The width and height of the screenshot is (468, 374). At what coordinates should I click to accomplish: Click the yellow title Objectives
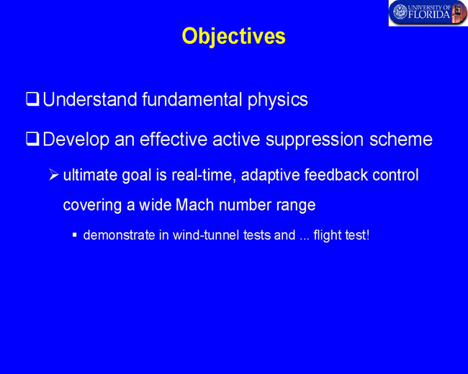234,37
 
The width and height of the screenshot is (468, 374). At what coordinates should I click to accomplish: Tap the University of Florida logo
428,13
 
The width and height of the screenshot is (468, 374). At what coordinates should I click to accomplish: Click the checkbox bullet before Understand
32,99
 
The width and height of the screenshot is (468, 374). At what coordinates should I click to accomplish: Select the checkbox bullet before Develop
32,139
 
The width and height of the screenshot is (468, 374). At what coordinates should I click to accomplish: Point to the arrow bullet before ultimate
54,175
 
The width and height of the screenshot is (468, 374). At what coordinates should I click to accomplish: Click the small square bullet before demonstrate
75,235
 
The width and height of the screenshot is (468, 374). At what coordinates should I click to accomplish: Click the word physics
278,100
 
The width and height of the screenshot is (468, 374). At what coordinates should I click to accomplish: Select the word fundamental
192,99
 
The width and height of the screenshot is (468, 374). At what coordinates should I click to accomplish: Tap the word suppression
315,140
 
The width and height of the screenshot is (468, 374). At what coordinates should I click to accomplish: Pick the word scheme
401,140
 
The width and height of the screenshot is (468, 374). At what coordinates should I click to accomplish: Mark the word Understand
89,99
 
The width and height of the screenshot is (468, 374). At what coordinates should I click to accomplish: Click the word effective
174,140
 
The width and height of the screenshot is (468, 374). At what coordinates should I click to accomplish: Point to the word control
395,175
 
